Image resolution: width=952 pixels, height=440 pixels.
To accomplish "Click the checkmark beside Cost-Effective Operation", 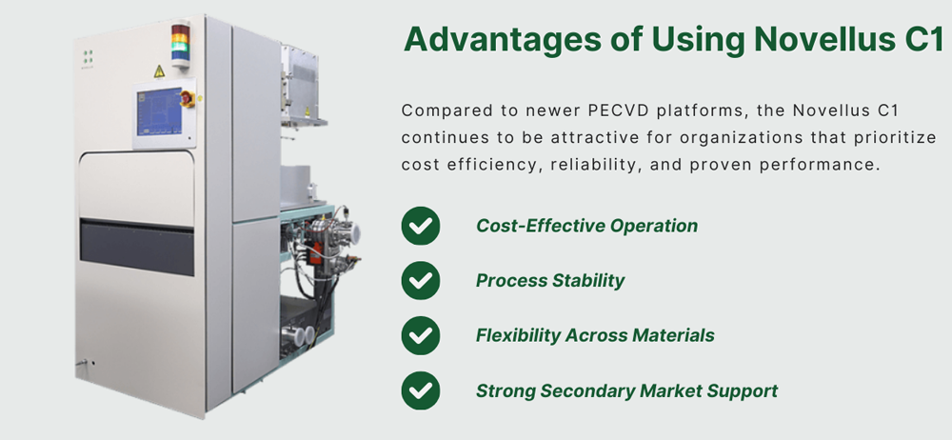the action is [x=420, y=226].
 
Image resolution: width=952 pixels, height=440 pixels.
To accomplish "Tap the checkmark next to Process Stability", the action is [x=420, y=280].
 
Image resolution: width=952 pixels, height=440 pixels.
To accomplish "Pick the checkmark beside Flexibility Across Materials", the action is [x=420, y=335].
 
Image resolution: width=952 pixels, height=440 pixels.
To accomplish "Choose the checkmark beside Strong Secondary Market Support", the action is [x=420, y=390].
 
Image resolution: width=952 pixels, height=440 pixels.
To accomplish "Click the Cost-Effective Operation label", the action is [x=586, y=226].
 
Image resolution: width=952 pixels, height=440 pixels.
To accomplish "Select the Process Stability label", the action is [x=550, y=280].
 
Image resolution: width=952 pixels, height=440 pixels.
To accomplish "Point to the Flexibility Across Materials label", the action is [x=595, y=335].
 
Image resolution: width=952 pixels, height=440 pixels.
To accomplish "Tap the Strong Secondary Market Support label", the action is [x=626, y=390].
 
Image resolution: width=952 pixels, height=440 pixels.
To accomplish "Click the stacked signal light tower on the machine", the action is [x=180, y=44].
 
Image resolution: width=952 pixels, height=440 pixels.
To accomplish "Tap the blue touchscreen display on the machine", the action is [x=159, y=111].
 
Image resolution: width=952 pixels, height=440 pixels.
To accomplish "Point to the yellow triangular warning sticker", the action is [x=159, y=71].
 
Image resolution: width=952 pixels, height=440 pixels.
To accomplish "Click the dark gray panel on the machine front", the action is [x=137, y=248].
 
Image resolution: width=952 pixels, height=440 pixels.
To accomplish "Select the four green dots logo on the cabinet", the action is [x=88, y=56].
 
